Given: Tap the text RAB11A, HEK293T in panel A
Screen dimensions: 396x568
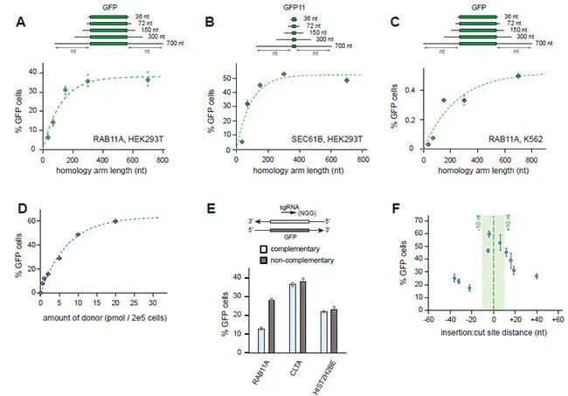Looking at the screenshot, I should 129,139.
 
